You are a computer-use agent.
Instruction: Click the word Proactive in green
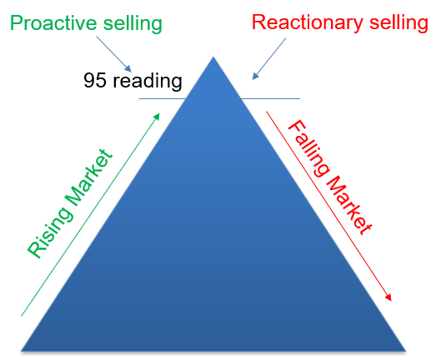coord(54,22)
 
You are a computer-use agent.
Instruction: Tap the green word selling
coord(133,24)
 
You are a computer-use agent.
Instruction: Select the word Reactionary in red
coord(308,23)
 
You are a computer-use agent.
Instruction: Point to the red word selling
coord(398,23)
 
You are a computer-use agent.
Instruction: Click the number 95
coord(95,80)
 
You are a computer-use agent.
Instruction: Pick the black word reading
coord(148,82)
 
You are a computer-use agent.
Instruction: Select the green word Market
coord(89,177)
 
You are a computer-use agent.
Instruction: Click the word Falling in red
coord(308,148)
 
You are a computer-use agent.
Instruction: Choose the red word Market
coord(349,205)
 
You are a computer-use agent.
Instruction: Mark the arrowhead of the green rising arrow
coord(158,116)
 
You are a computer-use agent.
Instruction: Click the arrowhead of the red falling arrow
coord(388,297)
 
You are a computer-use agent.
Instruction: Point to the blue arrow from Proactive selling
coord(113,54)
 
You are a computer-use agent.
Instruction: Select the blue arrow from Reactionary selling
coord(269,59)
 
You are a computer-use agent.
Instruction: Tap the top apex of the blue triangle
coord(213,57)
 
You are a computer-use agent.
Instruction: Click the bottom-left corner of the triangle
coord(21,351)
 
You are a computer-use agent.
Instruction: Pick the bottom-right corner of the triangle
coord(406,351)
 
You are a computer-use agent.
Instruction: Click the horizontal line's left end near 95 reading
coord(138,98)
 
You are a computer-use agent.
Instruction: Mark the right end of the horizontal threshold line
coord(300,98)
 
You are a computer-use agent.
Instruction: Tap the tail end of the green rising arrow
coord(22,316)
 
